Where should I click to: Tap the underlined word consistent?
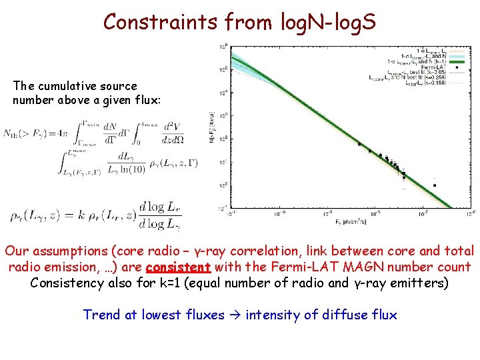pyautogui.click(x=178, y=267)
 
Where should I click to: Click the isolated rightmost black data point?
pyautogui.click(x=435, y=185)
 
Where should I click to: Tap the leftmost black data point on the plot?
pyautogui.click(x=359, y=144)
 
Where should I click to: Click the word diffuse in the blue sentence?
pyautogui.click(x=341, y=315)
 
